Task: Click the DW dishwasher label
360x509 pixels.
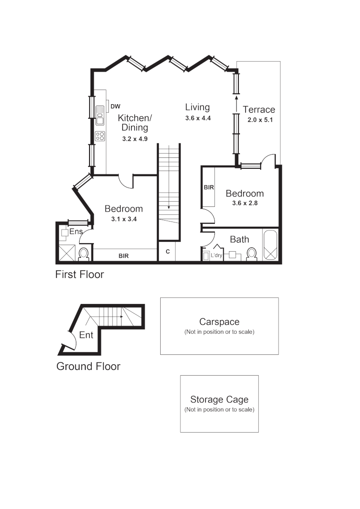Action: [115, 107]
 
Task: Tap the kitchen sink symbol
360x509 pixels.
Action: [99, 115]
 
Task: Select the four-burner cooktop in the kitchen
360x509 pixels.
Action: [100, 136]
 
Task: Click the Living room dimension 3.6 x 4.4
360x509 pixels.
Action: [197, 119]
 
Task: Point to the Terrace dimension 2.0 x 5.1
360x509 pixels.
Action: [260, 120]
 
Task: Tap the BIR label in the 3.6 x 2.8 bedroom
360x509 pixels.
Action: [209, 188]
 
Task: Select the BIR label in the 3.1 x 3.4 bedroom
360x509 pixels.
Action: [123, 256]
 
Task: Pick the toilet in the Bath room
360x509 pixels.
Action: [251, 254]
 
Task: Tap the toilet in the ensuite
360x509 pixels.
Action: [84, 254]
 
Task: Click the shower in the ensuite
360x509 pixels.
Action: [66, 253]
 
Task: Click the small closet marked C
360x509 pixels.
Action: [167, 252]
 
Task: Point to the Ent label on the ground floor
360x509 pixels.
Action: [86, 335]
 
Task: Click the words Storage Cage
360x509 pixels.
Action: [219, 400]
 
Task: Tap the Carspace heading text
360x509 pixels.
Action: [219, 322]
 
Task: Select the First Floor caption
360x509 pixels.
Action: [80, 274]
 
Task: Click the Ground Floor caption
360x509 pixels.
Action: [88, 366]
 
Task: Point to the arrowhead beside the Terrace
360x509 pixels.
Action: [236, 98]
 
